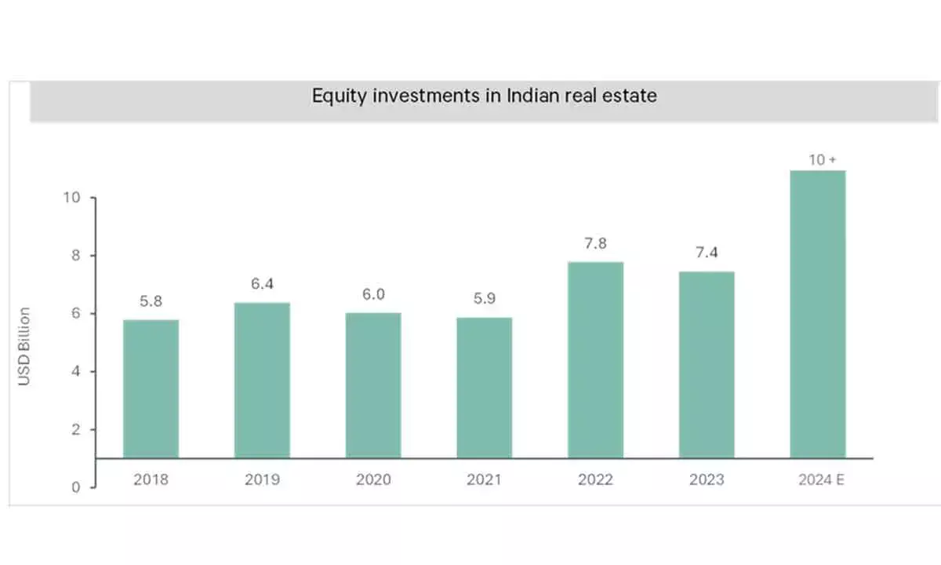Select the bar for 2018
151,388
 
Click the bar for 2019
262,381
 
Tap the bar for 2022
595,360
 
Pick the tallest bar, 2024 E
817,314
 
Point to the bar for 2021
484,388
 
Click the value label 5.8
151,301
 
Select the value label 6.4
262,284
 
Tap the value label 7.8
595,243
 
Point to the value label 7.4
706,253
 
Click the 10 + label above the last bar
823,159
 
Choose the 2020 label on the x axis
372,479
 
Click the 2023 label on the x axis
706,479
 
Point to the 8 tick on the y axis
76,256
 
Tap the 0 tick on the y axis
76,487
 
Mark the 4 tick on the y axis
76,372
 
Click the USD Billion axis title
25,346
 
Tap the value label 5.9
484,299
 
